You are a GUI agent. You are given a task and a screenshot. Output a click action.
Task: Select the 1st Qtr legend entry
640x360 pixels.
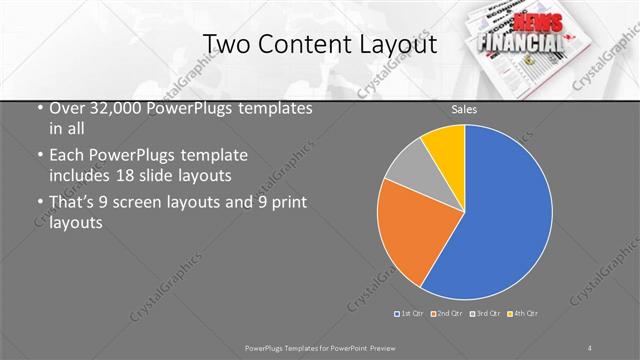411,314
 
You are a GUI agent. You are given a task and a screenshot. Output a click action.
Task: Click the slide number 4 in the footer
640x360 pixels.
590,347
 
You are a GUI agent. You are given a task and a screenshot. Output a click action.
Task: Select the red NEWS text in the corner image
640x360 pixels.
534,24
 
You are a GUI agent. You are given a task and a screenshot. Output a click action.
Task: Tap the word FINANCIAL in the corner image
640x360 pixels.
520,44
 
